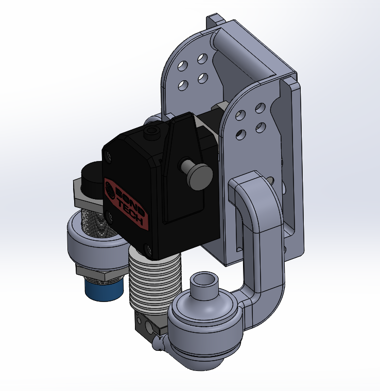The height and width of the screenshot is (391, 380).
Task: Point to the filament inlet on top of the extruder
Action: [x=151, y=133]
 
